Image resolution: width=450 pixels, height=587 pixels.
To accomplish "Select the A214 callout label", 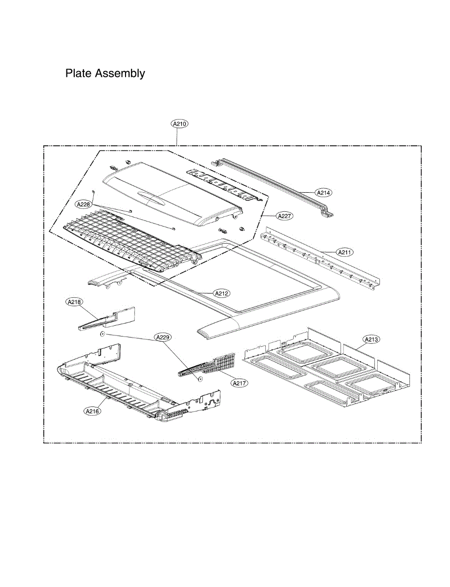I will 323,193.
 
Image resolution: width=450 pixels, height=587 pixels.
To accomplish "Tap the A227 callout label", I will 284,215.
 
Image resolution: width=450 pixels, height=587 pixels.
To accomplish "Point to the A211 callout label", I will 344,252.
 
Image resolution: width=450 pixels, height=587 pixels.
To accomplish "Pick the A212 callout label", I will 221,293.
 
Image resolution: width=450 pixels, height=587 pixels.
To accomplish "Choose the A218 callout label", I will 74,302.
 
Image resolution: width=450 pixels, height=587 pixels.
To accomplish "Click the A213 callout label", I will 371,339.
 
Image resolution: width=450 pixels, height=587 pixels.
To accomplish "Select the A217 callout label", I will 239,383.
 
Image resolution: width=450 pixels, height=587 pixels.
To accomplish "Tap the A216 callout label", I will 92,411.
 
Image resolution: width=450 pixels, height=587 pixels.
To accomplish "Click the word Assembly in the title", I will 120,74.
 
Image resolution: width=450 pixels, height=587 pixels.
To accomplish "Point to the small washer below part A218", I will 102,334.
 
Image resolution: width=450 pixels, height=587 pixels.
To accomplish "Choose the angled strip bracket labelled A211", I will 320,257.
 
